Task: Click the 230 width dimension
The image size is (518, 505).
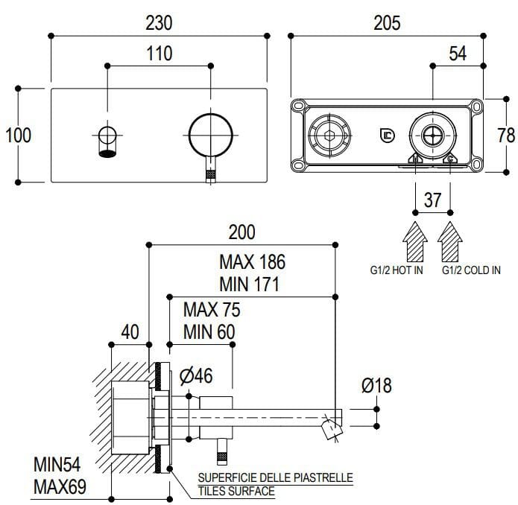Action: point(159,23)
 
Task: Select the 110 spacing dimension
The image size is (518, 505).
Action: point(159,54)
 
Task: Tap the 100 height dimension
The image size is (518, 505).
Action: point(18,135)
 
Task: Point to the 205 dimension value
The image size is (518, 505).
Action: point(385,23)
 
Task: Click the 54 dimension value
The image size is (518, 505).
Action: point(458,54)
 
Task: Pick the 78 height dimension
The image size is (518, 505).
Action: point(506,135)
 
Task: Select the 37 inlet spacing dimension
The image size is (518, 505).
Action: point(433,200)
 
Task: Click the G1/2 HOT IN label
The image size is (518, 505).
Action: point(397,270)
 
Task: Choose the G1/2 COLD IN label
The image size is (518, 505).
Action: point(471,270)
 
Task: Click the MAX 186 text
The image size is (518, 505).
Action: point(252,262)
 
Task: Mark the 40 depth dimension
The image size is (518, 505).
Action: point(130,332)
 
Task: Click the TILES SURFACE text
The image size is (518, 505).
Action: point(236,491)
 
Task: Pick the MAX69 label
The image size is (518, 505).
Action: point(60,488)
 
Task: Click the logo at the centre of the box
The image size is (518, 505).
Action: point(387,136)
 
